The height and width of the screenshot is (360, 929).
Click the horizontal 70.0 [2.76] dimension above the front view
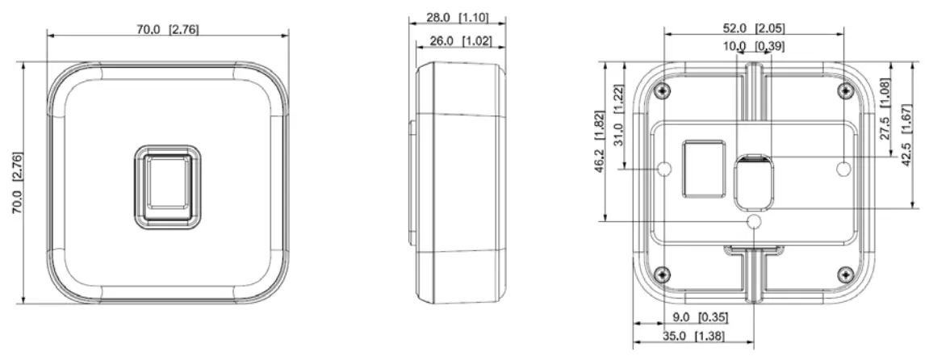[x=167, y=28]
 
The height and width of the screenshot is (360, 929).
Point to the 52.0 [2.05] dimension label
[x=753, y=27]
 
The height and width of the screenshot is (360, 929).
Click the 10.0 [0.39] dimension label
[x=753, y=47]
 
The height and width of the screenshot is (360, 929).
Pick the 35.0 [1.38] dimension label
[x=693, y=336]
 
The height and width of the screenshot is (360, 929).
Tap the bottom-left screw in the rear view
[x=663, y=271]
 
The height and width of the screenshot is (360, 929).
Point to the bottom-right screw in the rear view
[x=844, y=271]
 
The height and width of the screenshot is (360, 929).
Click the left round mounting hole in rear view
[x=664, y=168]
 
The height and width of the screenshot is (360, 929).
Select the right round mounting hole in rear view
[x=843, y=168]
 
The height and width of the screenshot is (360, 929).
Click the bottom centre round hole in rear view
[x=754, y=220]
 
